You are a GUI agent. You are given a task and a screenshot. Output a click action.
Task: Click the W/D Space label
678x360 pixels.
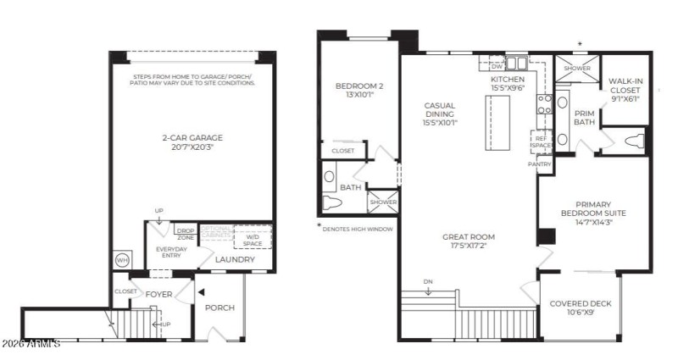[253, 241]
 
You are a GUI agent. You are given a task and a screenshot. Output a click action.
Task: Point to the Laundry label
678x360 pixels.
[234, 259]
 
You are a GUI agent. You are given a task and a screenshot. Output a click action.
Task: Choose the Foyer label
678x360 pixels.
[158, 295]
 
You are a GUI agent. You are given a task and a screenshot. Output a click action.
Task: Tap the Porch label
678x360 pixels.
[220, 307]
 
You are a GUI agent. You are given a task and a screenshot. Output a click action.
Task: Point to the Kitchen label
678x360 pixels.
[508, 83]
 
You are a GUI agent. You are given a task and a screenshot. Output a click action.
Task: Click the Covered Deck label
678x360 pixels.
[581, 308]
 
